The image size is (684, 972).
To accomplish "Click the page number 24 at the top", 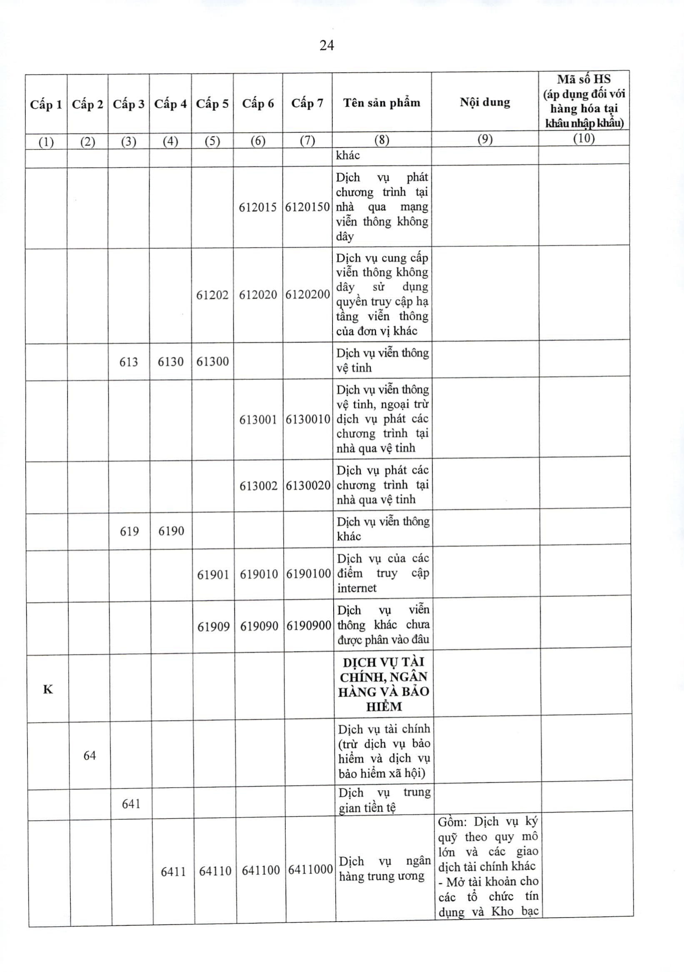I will [x=327, y=45].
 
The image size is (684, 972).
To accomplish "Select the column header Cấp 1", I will [x=46, y=104].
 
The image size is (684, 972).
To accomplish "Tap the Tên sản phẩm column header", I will [x=382, y=103].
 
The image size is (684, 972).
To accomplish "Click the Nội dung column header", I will [x=485, y=102].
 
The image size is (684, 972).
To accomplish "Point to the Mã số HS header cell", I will [x=584, y=101].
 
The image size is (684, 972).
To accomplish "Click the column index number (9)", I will [x=485, y=139].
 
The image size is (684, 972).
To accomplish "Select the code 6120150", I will [x=307, y=207].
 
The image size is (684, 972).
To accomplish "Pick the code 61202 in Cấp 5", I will [x=212, y=295].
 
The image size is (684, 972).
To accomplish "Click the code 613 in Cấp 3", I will [x=129, y=362].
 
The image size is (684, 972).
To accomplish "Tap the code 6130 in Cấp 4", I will [x=170, y=362].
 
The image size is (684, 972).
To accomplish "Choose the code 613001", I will [x=258, y=419].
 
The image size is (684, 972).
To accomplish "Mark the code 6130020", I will [x=308, y=485].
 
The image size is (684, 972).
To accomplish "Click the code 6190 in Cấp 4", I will [x=171, y=531].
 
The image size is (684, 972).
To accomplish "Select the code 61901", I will [x=213, y=575].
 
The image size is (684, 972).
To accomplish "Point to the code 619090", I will [x=259, y=626].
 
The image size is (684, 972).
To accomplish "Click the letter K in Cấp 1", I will [x=48, y=690].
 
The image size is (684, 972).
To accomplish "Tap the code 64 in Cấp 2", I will [x=90, y=755].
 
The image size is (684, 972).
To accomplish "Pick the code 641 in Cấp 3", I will [x=131, y=804].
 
